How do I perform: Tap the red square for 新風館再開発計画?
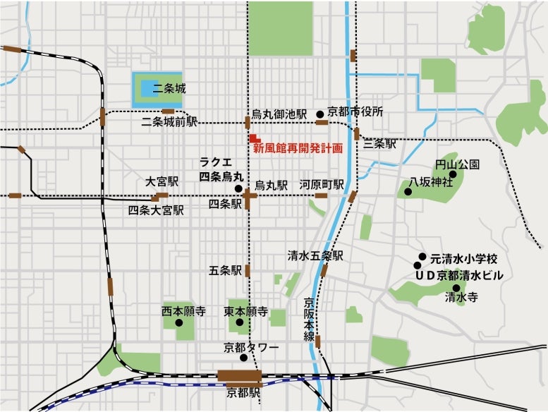click(253, 136)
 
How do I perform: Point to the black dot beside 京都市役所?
click(319, 113)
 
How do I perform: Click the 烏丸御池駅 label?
click(279, 114)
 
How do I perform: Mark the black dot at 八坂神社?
click(408, 191)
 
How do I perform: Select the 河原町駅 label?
click(322, 184)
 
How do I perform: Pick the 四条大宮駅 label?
click(156, 210)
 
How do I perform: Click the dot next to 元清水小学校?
click(422, 257)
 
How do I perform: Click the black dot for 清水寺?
click(455, 287)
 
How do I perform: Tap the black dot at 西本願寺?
click(178, 323)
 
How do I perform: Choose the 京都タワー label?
click(251, 347)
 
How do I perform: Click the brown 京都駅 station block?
click(239, 375)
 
